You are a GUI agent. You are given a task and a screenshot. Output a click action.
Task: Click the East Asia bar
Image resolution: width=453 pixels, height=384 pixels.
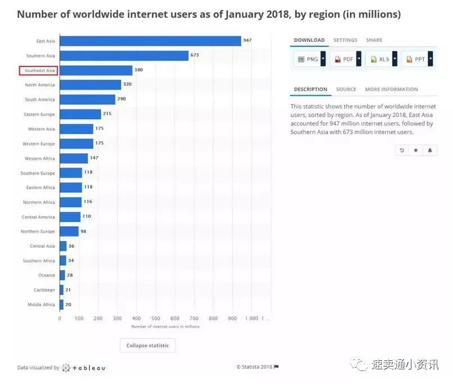coord(150,41)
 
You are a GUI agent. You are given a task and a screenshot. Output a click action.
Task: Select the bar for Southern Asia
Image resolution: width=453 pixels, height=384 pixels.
coord(124,55)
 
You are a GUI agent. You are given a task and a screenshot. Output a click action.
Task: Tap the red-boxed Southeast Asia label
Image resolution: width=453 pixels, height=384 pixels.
coord(39,70)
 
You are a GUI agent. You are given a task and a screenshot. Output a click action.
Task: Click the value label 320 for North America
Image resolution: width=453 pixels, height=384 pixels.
coord(128,84)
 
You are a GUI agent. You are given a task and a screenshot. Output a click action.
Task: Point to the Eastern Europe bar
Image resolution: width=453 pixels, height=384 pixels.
coord(80,114)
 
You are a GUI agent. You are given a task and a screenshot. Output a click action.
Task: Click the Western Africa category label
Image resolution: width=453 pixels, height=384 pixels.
coord(40,158)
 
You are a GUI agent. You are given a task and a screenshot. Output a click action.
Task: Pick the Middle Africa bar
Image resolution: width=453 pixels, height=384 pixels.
coord(61,305)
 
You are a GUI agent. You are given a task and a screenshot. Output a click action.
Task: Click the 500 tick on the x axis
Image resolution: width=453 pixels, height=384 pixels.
coord(156,318)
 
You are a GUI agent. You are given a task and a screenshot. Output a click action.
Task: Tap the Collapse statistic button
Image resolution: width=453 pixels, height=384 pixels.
coord(148,345)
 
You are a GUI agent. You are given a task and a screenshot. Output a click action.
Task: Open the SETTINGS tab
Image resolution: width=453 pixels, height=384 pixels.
coord(345,40)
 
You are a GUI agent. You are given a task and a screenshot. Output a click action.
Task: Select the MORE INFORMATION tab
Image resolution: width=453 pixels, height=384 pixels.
coord(391,89)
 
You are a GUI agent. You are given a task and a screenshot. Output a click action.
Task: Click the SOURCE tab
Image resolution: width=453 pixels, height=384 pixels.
coord(346,89)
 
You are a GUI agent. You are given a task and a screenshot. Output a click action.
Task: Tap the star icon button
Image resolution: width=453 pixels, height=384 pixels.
coord(416,150)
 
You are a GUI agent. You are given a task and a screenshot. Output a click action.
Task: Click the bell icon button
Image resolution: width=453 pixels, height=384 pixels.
coord(430,150)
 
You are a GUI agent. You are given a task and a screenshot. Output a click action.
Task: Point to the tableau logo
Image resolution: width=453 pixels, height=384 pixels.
coord(84,368)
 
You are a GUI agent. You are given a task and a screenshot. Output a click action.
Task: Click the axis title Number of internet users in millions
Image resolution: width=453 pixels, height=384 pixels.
coord(165,327)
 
